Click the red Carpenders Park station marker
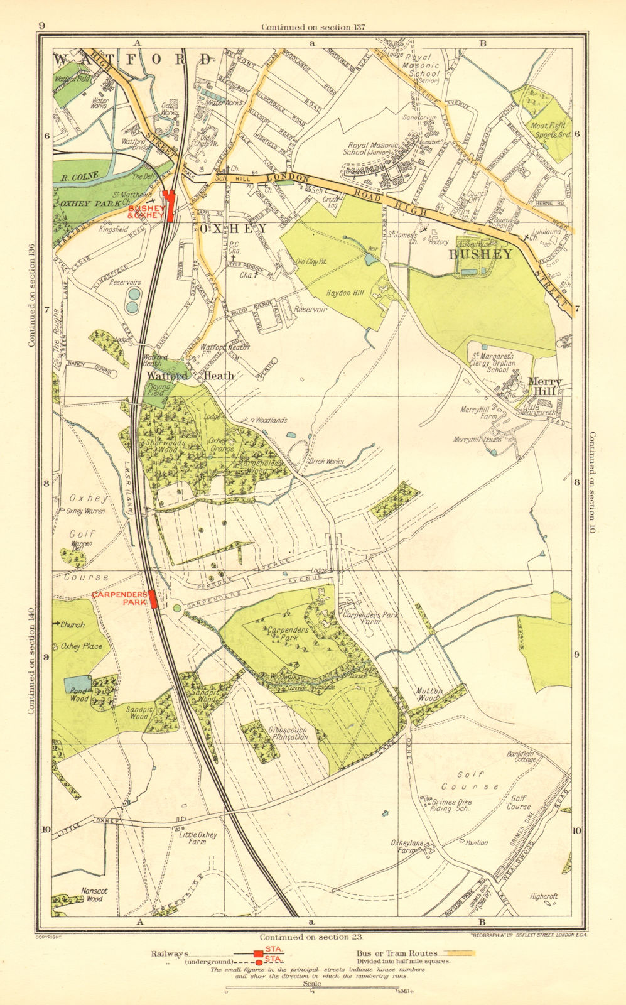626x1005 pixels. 153,599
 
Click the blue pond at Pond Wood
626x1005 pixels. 77,684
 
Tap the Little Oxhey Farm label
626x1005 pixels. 198,839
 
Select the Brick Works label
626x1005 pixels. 326,462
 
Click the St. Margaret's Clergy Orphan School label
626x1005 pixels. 493,363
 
